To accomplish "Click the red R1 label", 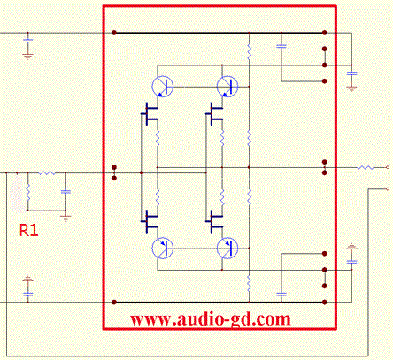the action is click(x=28, y=230).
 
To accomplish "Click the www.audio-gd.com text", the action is click(x=211, y=319).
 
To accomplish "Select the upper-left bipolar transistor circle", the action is click(x=162, y=87).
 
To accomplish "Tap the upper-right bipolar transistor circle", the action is click(x=227, y=87).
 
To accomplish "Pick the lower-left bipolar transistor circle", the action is click(x=162, y=249).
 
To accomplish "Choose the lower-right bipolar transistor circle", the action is click(x=227, y=249).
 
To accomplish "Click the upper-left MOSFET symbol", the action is click(x=150, y=114).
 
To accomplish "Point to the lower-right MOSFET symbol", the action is click(x=214, y=221).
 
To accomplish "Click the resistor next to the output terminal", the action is click(x=366, y=167).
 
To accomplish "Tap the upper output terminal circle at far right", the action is click(x=388, y=167).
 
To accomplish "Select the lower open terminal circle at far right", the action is click(x=388, y=188).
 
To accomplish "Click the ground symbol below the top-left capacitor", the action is click(x=27, y=57).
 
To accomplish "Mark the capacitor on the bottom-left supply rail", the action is click(x=27, y=294).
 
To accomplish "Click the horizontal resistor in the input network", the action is click(x=47, y=172).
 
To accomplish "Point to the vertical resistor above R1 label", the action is click(x=28, y=192).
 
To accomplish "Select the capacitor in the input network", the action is click(x=65, y=192).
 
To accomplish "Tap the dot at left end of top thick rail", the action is click(x=114, y=33).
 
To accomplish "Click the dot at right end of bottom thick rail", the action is click(x=325, y=302).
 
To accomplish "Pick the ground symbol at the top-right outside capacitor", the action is click(x=351, y=88).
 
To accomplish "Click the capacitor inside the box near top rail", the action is click(x=281, y=46).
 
